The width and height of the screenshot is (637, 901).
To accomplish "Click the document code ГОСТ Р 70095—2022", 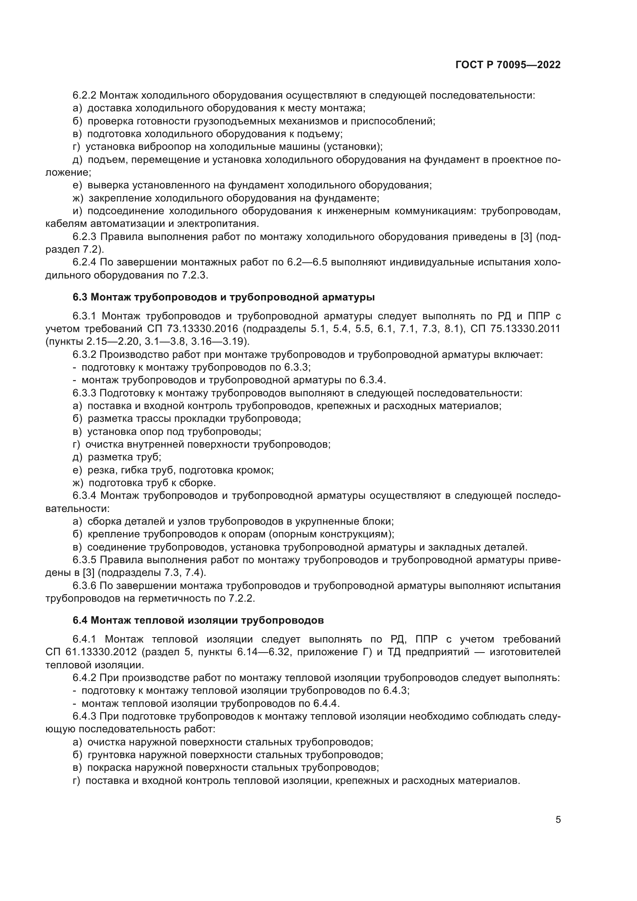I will tap(508, 65).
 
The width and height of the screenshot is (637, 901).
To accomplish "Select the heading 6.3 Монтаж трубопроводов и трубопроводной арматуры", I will tap(224, 297).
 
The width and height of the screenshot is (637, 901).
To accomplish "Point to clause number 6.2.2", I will tap(84, 96).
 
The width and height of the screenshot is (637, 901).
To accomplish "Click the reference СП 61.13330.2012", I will tap(91, 652).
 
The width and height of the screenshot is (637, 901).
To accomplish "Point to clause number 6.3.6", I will tap(84, 586).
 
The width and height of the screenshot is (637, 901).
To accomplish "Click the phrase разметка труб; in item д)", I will tap(124, 457).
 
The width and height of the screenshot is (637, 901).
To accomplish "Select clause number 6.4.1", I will tap(84, 640).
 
